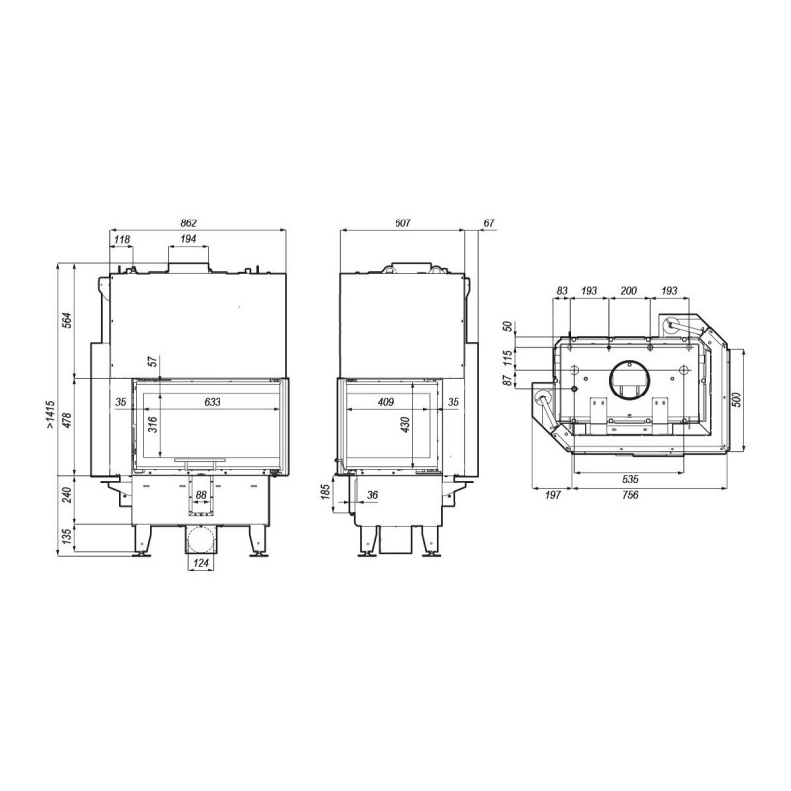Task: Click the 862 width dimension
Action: pyautogui.click(x=188, y=223)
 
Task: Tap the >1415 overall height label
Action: pyautogui.click(x=51, y=415)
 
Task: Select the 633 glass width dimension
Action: pyautogui.click(x=213, y=402)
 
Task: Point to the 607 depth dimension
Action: pyautogui.click(x=403, y=223)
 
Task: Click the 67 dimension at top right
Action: pyautogui.click(x=489, y=223)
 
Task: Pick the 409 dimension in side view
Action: pyautogui.click(x=386, y=402)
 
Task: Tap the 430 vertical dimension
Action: pyautogui.click(x=406, y=424)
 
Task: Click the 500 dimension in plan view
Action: pyautogui.click(x=737, y=399)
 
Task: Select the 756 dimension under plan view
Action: pyautogui.click(x=630, y=495)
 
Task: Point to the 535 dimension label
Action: pyautogui.click(x=630, y=479)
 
